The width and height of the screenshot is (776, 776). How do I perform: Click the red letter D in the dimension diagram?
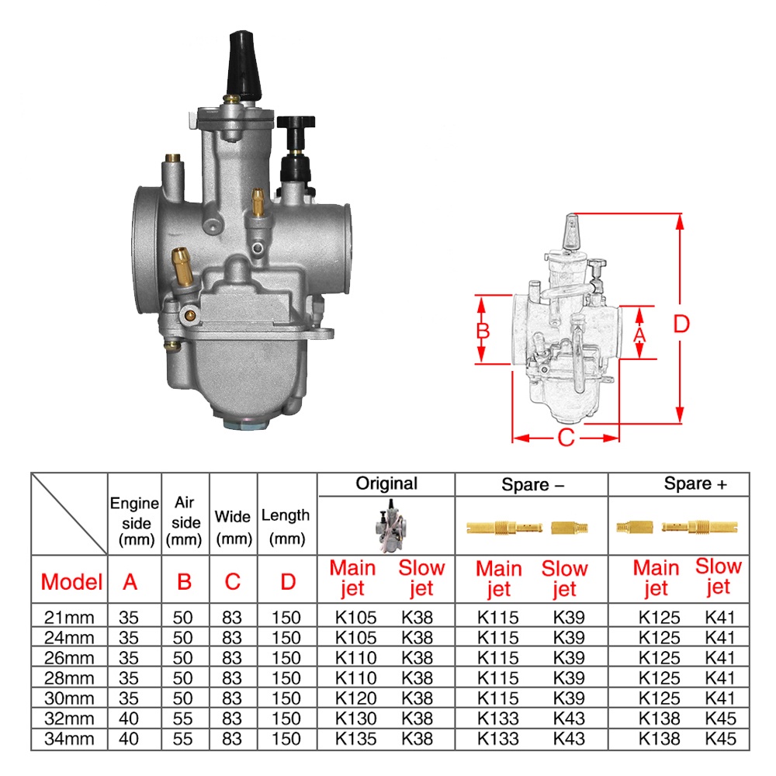[x=681, y=324]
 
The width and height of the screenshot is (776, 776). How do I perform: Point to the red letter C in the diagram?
[x=566, y=438]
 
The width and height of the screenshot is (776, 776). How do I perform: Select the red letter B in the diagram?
[x=483, y=331]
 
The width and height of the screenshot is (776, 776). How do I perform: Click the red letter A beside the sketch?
[x=639, y=334]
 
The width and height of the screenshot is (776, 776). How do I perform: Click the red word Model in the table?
[x=71, y=581]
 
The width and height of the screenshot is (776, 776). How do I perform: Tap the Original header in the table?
[x=386, y=483]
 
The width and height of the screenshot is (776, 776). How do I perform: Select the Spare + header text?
[x=695, y=484]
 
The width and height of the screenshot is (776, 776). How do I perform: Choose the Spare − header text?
[x=532, y=485]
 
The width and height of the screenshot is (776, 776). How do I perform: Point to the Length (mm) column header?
[x=286, y=525]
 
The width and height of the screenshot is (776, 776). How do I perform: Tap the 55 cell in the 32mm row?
[x=184, y=719]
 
